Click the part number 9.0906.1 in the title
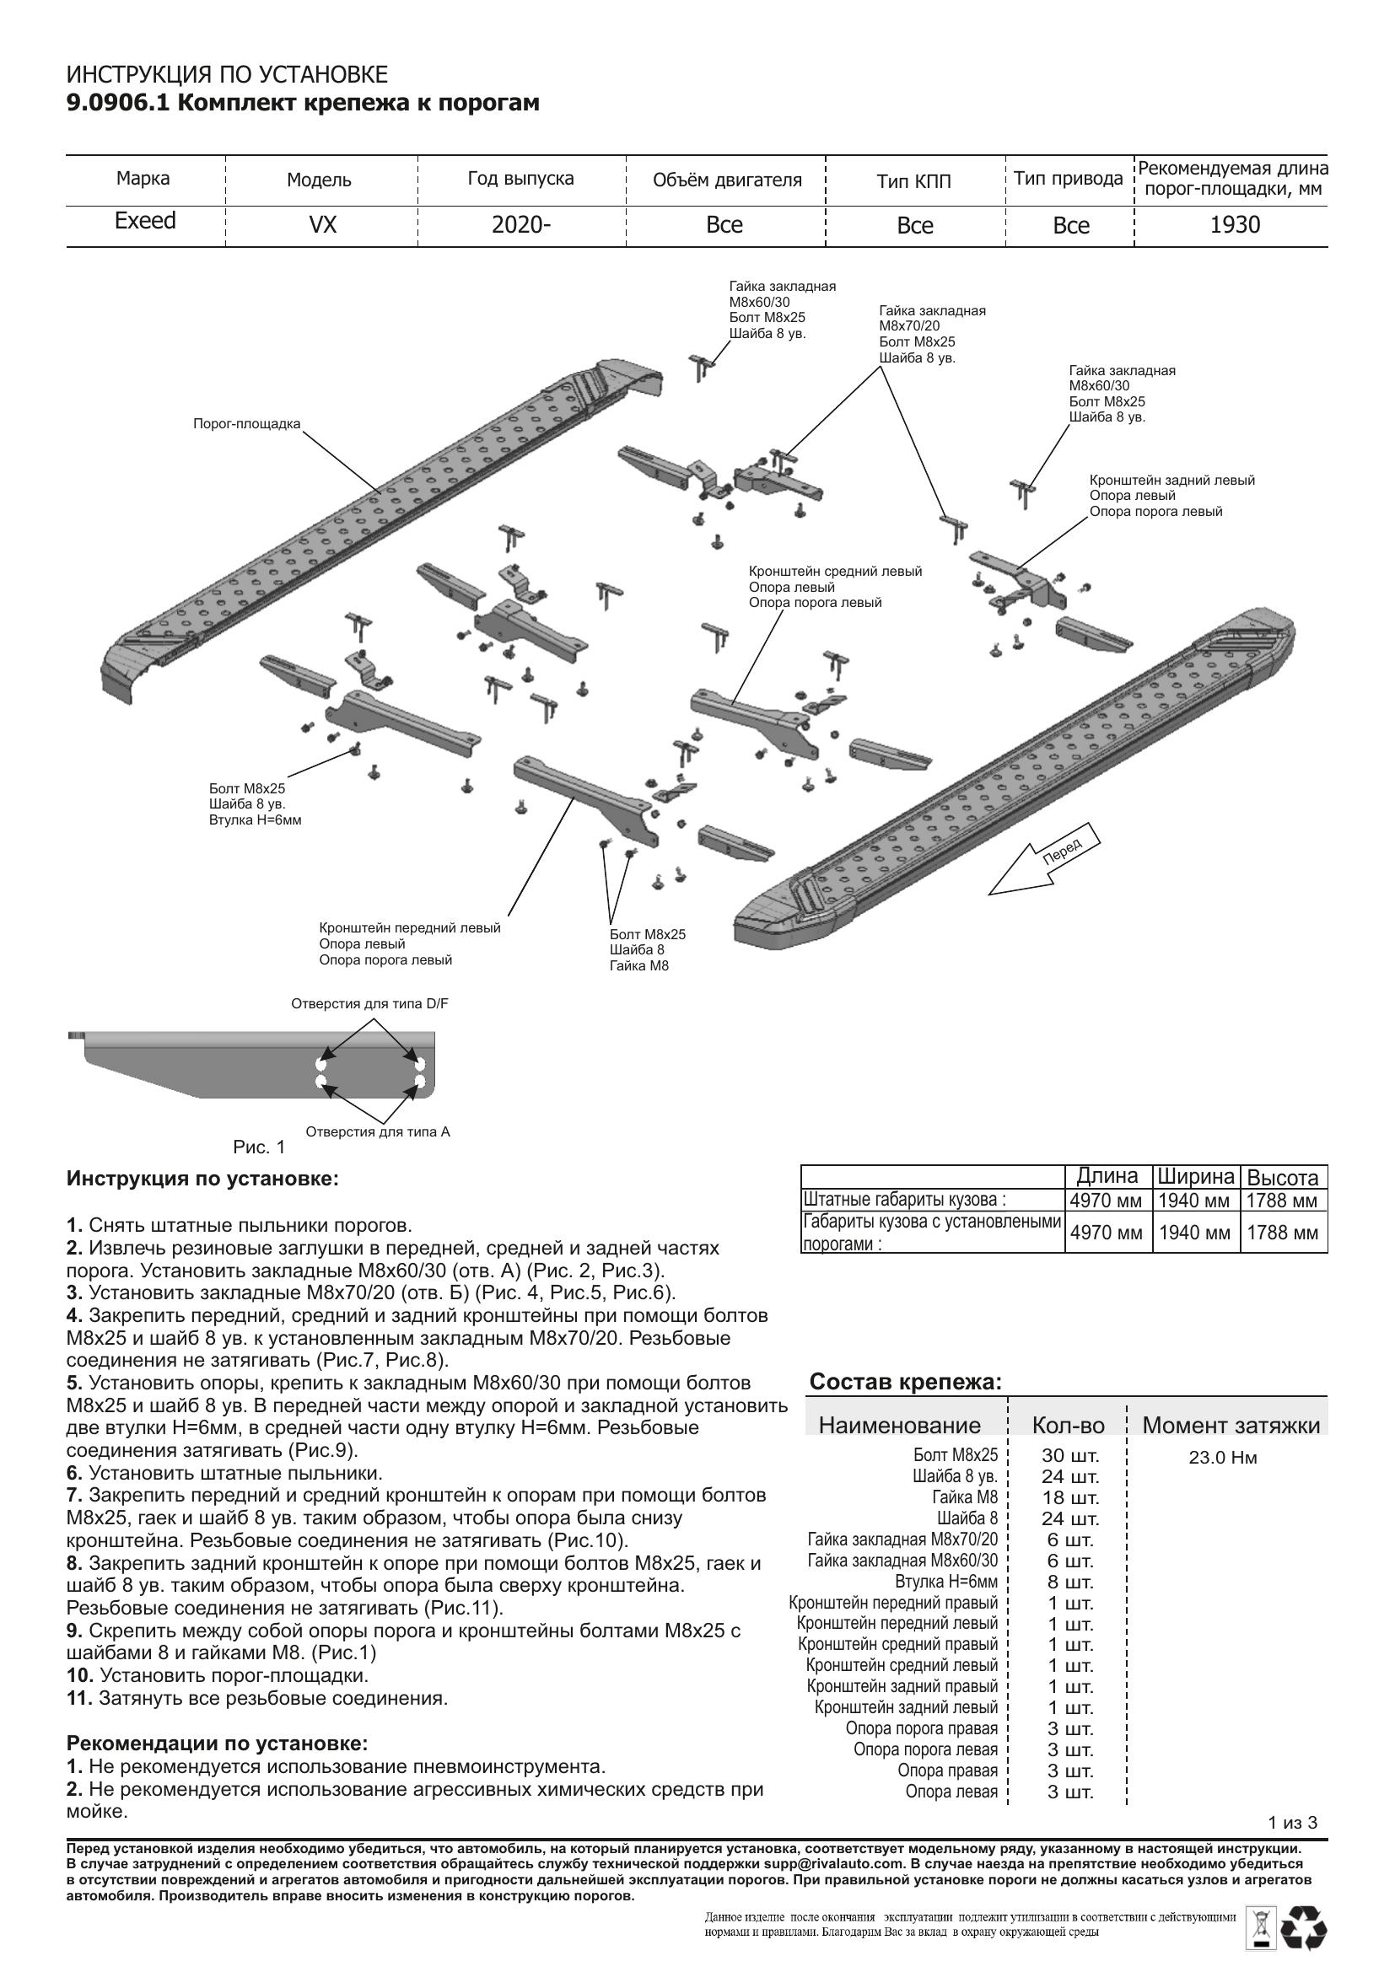119,104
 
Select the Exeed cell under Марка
145,222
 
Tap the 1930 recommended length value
1235,225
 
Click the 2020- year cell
520,225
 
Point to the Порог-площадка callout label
246,423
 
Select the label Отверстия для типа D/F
369,1003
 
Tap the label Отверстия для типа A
377,1132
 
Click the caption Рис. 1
259,1147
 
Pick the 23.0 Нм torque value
1222,1458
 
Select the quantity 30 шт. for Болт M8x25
1069,1456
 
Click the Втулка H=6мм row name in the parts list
945,1582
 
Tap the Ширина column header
1195,1177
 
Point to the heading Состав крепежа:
905,1382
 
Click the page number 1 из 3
1292,1823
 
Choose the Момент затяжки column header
1230,1426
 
